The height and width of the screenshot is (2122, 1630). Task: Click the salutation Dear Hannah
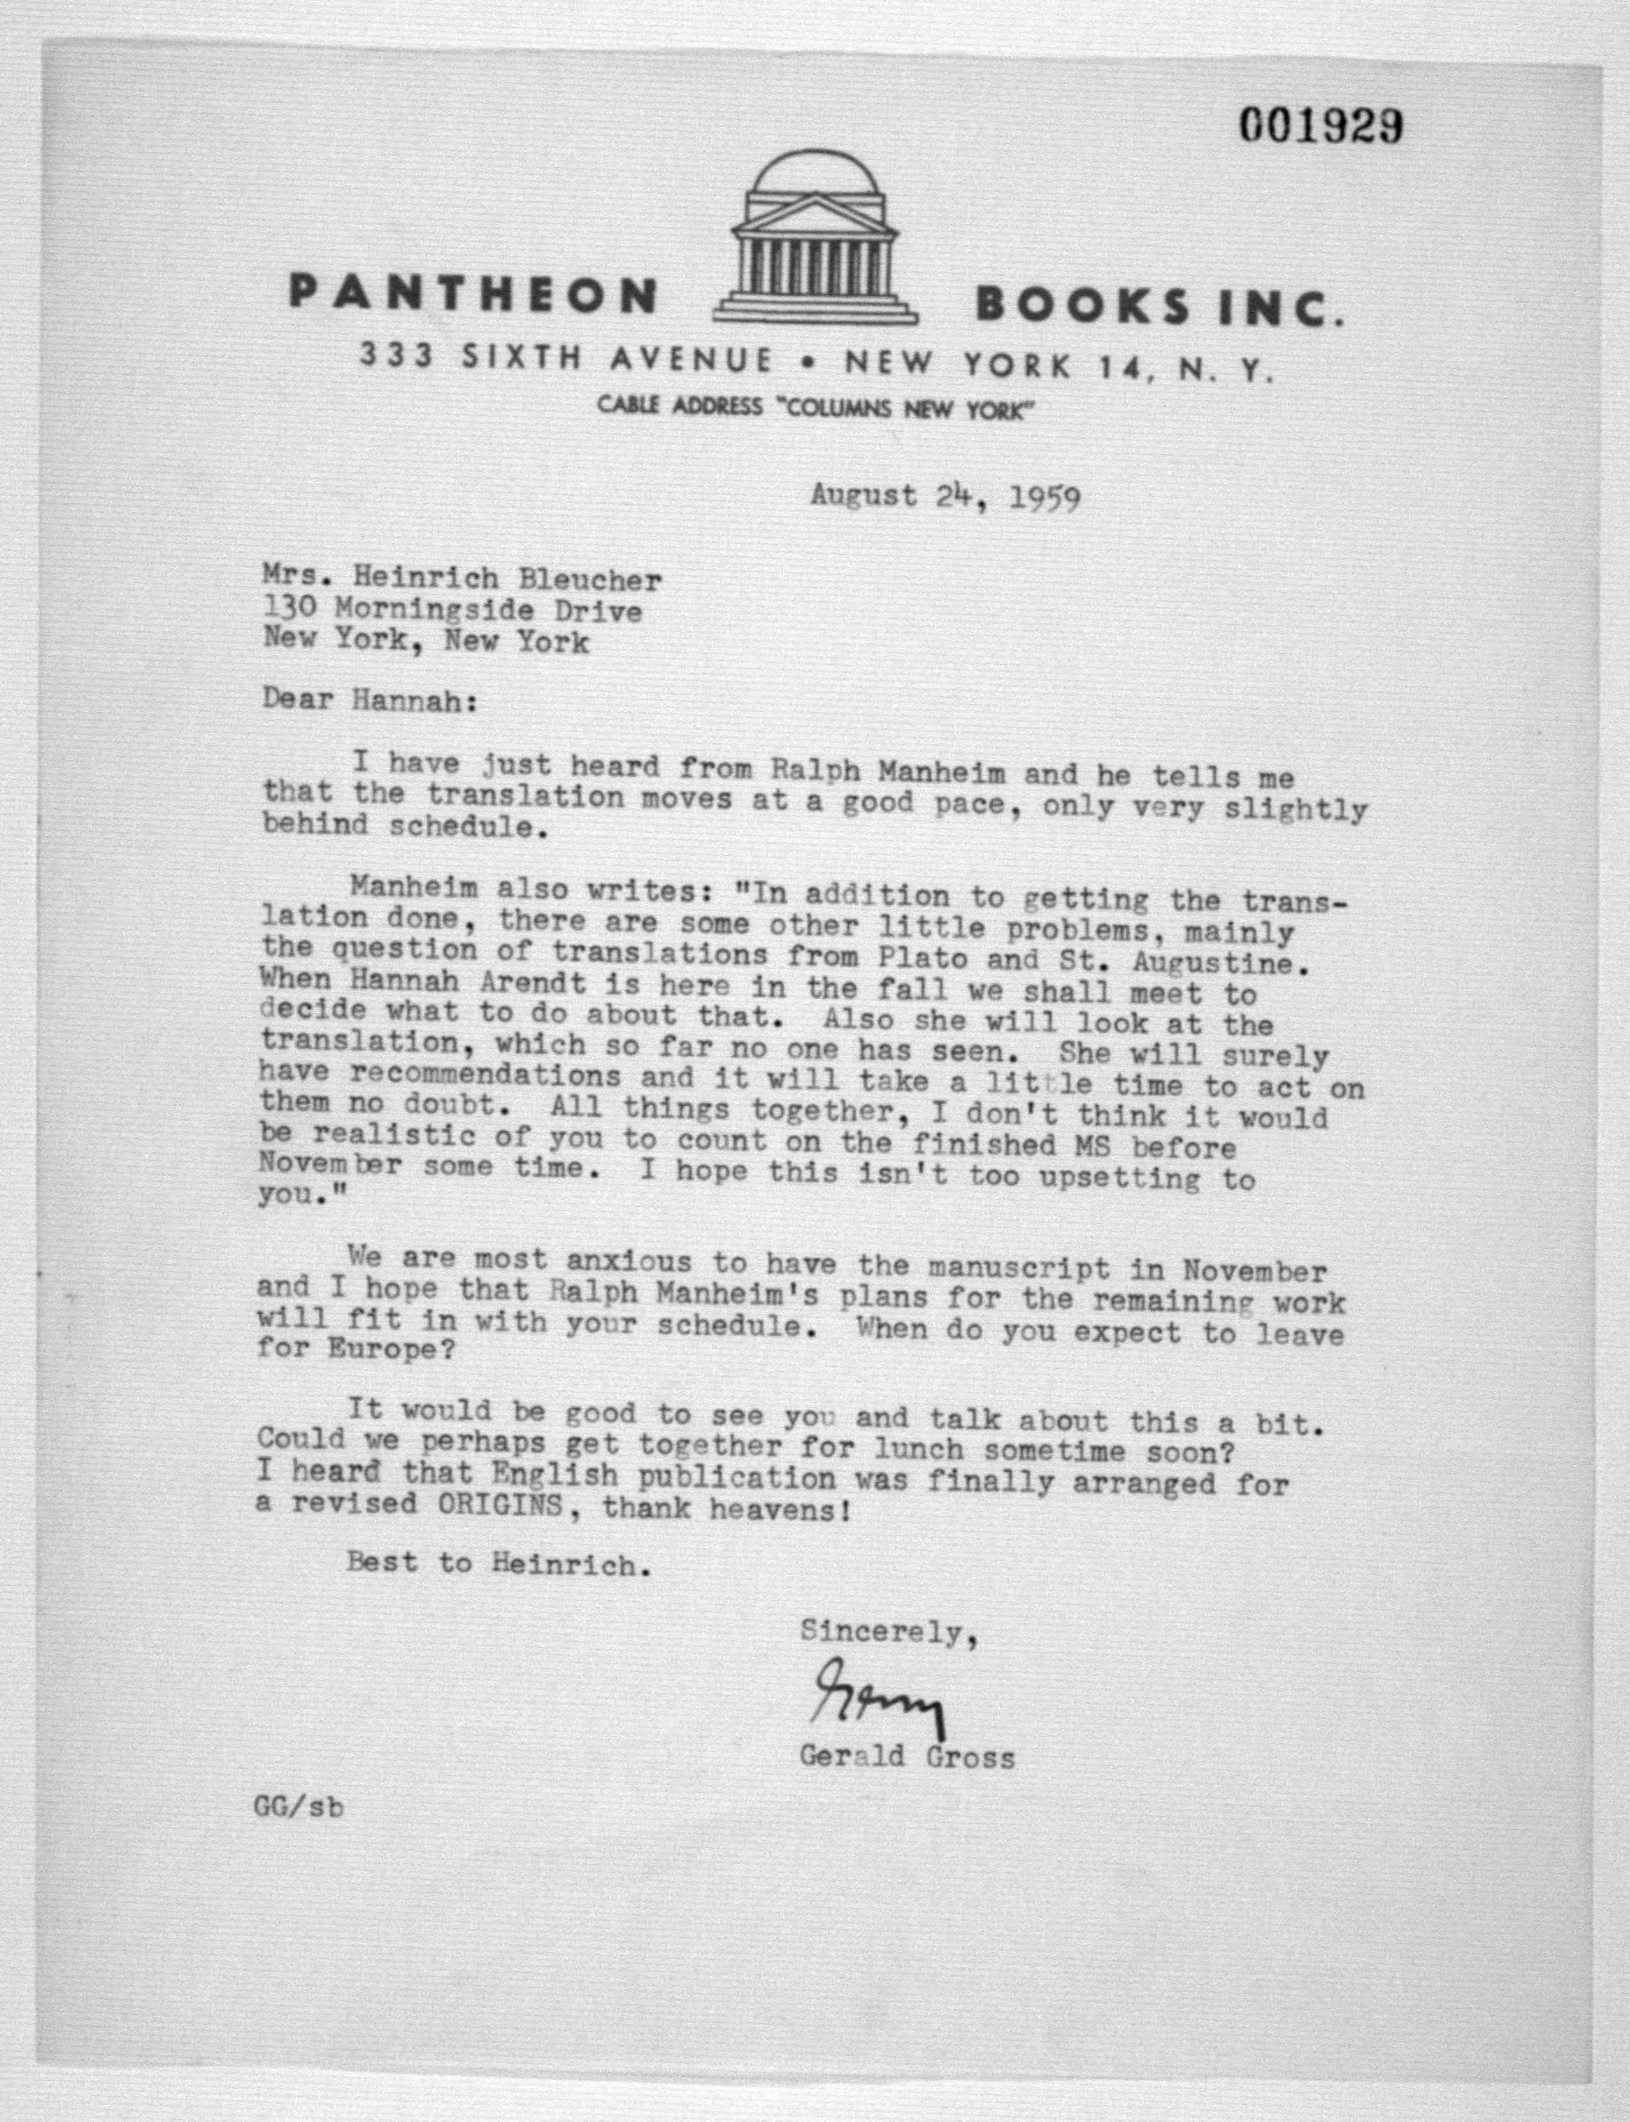pos(369,701)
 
